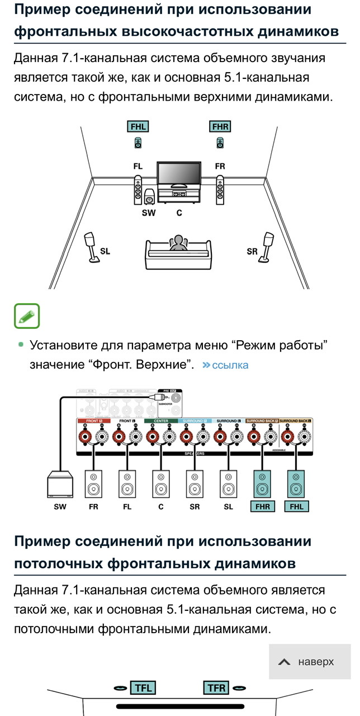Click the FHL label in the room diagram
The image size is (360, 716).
tap(138, 127)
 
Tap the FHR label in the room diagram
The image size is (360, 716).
tap(220, 127)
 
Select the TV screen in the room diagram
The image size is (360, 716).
tap(179, 175)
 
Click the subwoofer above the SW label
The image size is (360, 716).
tap(150, 197)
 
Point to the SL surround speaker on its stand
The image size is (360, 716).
tap(90, 247)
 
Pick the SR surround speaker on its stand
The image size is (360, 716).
tap(268, 247)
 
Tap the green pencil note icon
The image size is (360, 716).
tap(27, 317)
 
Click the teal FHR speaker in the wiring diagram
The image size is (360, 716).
tap(262, 484)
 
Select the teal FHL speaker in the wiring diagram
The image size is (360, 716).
tap(295, 484)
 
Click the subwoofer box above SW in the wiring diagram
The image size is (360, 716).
tap(59, 484)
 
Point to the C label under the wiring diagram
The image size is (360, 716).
tap(161, 507)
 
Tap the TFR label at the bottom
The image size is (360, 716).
tap(216, 687)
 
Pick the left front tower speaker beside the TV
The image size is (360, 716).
tap(138, 190)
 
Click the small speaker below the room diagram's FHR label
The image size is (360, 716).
tap(220, 143)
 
